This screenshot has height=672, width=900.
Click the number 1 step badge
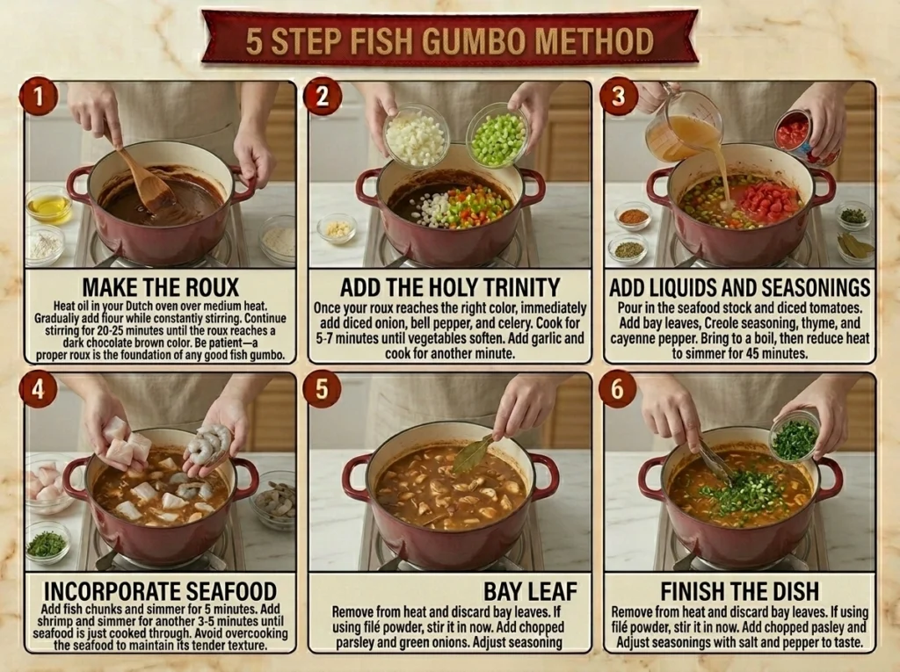point(39,97)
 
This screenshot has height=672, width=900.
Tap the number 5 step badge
point(322,388)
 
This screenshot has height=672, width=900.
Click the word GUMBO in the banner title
point(474,41)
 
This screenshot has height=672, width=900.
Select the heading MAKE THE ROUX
point(161,287)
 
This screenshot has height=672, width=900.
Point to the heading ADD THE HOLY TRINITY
point(450,287)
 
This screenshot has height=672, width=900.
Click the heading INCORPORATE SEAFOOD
point(160,590)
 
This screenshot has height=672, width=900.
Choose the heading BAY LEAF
point(530,590)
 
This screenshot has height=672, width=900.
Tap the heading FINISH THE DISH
point(739,590)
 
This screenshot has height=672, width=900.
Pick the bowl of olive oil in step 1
point(49,205)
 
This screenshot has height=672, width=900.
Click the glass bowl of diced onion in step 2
point(417,135)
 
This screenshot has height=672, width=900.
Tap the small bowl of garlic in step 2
point(337,228)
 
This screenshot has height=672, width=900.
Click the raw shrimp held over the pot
point(207,444)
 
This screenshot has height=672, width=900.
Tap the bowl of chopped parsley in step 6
point(795,436)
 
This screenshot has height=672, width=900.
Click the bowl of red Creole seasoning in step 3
point(633,216)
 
